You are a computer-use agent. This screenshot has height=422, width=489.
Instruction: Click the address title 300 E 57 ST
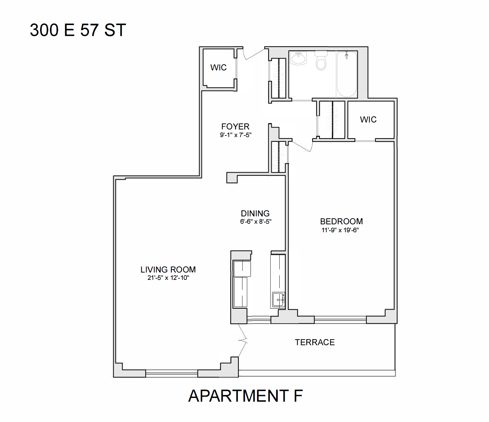pos(78,30)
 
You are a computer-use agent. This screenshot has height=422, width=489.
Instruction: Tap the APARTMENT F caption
pos(245,396)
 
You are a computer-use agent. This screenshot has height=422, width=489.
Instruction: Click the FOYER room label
pos(235,127)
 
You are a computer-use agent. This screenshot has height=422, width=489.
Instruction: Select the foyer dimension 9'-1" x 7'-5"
pos(236,135)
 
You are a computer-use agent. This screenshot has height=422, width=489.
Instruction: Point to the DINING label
pos(255,214)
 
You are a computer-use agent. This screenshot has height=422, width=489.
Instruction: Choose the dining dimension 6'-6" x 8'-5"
pos(256,222)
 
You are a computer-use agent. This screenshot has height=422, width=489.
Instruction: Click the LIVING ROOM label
pos(168,270)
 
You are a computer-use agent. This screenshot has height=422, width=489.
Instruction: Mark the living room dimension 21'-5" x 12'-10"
pos(168,278)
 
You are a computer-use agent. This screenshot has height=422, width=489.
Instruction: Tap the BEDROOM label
pos(341,222)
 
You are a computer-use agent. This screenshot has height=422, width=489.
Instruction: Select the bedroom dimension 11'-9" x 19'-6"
pos(340,230)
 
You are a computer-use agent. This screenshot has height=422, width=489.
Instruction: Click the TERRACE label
pos(315,342)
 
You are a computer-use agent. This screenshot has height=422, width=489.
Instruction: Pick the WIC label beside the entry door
pos(218,68)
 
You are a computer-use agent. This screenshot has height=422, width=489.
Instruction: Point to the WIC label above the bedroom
pos(368,120)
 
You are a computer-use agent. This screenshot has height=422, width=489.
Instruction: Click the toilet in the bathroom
pos(321,61)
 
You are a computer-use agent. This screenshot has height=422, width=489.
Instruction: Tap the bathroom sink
pos(299,58)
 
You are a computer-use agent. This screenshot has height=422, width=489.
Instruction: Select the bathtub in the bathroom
pos(347,75)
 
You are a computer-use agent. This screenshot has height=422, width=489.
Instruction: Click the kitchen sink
pos(278,300)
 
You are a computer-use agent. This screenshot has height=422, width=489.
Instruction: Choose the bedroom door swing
pos(302,146)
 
